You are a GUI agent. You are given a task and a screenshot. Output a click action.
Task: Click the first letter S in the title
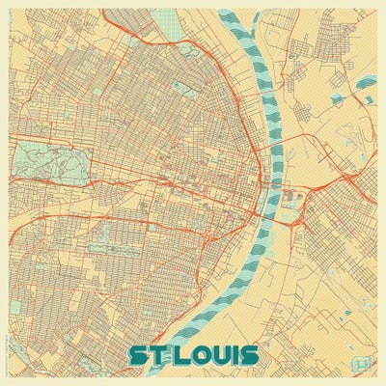(x=137, y=352)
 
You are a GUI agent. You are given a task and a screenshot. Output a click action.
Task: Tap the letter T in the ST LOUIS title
(x=158, y=352)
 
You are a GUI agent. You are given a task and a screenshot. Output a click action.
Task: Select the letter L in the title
(x=180, y=352)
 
